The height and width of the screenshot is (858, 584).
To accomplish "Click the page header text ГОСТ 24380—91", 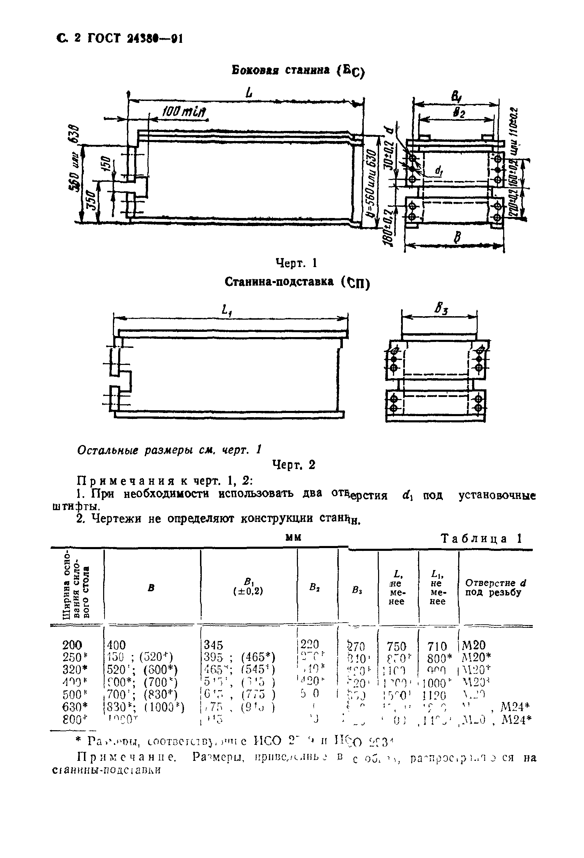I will point(135,38).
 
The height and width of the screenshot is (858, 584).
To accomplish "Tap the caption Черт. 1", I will point(297,263).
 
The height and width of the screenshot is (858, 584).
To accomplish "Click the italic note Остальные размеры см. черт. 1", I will point(169,450).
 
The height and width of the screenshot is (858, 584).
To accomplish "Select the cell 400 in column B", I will point(116,645).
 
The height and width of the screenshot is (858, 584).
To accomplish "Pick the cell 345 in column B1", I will point(214,645).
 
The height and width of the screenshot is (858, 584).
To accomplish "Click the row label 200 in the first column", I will point(72,645).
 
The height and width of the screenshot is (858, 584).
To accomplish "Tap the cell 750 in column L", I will point(396,646).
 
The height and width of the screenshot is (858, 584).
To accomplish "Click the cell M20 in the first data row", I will point(474,645).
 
